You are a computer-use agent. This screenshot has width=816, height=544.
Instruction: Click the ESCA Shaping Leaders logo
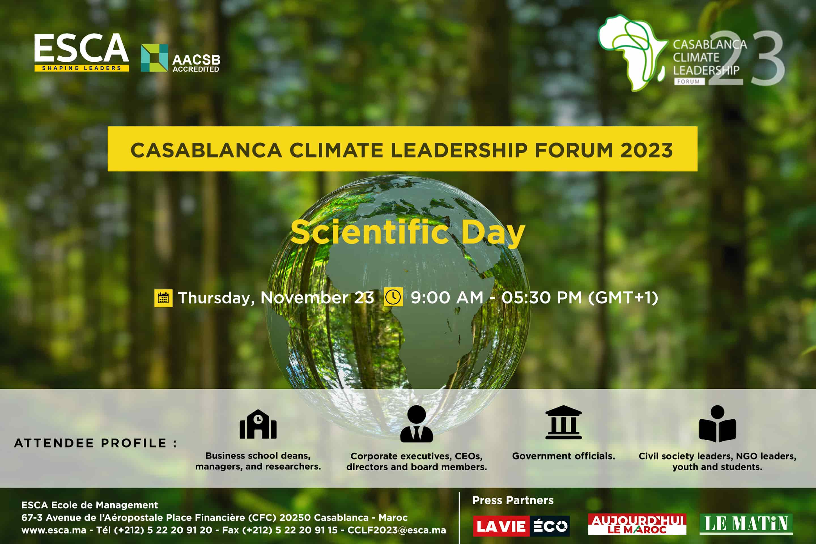[x=82, y=52]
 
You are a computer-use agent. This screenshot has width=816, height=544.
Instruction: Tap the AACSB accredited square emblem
[x=154, y=58]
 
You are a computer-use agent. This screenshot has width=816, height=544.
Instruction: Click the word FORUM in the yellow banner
[x=573, y=150]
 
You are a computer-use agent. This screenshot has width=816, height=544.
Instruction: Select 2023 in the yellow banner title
[x=646, y=150]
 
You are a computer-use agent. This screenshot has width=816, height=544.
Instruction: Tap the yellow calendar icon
[x=163, y=298]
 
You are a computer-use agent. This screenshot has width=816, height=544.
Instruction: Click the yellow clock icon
[x=393, y=297]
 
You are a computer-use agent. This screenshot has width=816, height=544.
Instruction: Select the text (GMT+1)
[x=623, y=297]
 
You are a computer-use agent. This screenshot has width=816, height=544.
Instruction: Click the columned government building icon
[x=564, y=422]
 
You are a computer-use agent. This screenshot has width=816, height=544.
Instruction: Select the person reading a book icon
[x=717, y=424]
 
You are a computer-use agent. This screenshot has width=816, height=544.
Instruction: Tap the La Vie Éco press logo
[x=521, y=526]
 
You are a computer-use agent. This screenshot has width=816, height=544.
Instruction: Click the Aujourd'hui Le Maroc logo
[x=637, y=524]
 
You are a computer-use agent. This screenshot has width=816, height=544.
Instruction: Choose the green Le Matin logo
[x=746, y=524]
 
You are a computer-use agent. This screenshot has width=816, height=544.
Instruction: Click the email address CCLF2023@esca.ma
[x=397, y=530]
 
